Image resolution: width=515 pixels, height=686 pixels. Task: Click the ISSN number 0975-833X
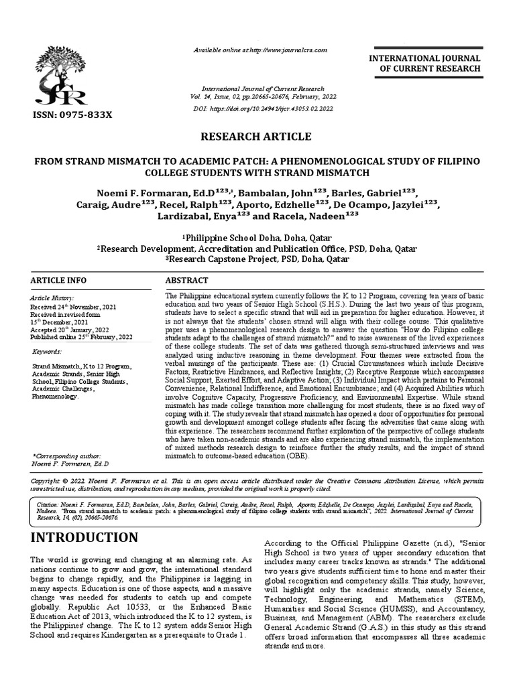79,115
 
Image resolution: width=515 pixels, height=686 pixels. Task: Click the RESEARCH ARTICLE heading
257,137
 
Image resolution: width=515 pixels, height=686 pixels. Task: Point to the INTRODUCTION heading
84,537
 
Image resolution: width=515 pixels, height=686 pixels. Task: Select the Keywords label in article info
47,352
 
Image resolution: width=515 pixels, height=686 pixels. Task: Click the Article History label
52,297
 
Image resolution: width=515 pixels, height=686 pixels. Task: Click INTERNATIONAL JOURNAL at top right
424,59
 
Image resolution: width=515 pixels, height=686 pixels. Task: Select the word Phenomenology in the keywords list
55,396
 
